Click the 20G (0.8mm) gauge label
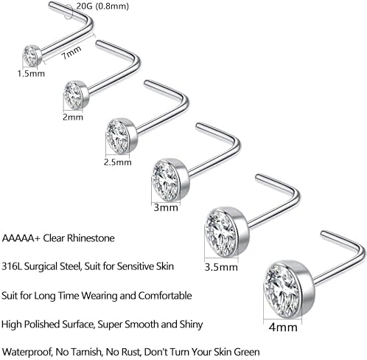pyautogui.click(x=102, y=6)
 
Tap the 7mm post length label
pyautogui.click(x=71, y=52)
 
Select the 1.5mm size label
pyautogui.click(x=31, y=74)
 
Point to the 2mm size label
pyautogui.click(x=73, y=117)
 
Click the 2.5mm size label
pyautogui.click(x=118, y=162)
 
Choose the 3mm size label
pyautogui.click(x=166, y=207)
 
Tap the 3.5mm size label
pyautogui.click(x=221, y=267)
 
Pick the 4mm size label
pyautogui.click(x=283, y=328)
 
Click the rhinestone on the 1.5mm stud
pyautogui.click(x=30, y=56)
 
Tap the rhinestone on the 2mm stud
pyautogui.click(x=72, y=96)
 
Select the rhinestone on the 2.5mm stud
pyautogui.click(x=117, y=136)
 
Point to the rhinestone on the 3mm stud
pyautogui.click(x=165, y=180)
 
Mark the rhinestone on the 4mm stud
pyautogui.click(x=282, y=290)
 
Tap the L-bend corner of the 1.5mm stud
pyautogui.click(x=90, y=24)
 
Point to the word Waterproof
pyautogui.click(x=27, y=352)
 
